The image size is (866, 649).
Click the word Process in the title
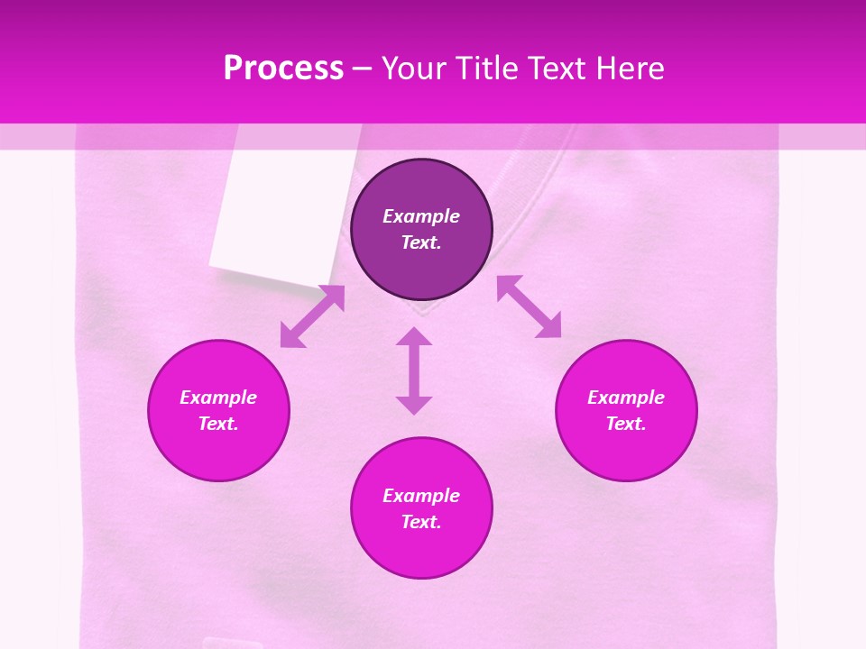(x=283, y=69)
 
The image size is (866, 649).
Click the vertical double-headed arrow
(x=414, y=370)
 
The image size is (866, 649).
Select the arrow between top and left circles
(x=312, y=316)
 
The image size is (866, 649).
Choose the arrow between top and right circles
(x=530, y=306)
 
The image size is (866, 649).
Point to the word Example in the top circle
(x=421, y=216)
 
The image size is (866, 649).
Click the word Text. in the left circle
(x=218, y=424)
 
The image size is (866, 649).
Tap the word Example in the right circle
(x=626, y=398)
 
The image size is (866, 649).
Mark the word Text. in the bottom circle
(x=421, y=522)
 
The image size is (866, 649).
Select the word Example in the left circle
(x=218, y=398)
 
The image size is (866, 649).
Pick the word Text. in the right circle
(x=626, y=424)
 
